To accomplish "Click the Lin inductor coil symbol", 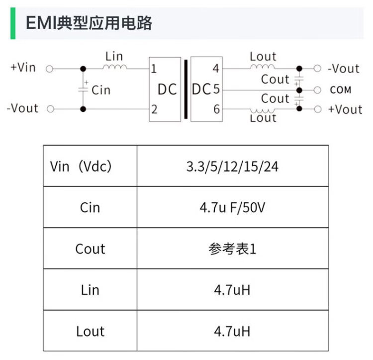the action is (115, 67).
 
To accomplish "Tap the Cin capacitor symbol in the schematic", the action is (83, 90).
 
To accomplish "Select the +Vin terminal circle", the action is (49, 69).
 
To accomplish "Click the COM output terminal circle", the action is (317, 90).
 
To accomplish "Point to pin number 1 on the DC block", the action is (154, 69).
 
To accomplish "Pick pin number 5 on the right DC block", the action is (216, 89).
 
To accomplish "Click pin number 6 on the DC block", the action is (216, 109).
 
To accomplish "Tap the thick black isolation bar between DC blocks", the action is (186, 90).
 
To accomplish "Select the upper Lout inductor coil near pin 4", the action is (263, 67).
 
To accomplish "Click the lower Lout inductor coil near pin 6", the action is (262, 111).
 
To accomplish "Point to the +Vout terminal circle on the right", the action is (318, 109).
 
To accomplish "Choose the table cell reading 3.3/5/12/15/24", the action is (232, 166).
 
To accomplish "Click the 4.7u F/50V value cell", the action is (232, 207).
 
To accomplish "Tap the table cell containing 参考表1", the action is (232, 249).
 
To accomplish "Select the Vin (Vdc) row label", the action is (81, 166).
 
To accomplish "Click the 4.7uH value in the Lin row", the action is (232, 290).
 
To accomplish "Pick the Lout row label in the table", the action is (90, 331).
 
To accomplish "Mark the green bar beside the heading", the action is (13, 23).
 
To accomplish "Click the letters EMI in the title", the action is (41, 23).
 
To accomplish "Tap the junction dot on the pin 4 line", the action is (299, 69).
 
